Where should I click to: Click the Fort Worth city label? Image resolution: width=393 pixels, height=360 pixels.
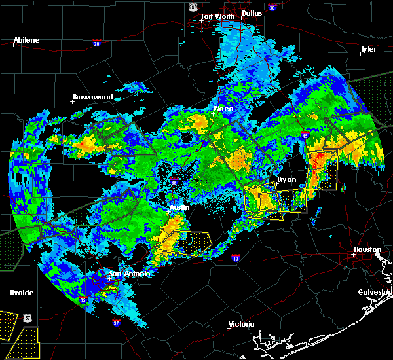(216, 16)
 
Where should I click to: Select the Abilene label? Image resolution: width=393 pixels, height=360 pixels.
(26, 40)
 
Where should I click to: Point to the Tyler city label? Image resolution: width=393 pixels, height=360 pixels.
(368, 50)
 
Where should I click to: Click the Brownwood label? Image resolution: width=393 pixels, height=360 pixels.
(92, 97)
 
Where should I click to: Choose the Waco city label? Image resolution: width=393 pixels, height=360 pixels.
(223, 109)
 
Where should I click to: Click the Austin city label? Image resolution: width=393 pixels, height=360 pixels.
(179, 207)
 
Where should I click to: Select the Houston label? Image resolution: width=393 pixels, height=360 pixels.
(367, 249)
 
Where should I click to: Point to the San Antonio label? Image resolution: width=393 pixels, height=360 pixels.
(129, 274)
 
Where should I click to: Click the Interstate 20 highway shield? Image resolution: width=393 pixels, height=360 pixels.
(96, 43)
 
